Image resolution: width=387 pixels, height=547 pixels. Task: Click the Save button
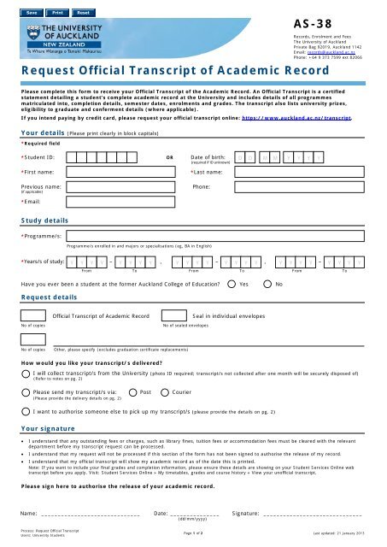pos(31,15)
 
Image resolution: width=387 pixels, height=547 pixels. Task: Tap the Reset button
pos(84,15)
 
